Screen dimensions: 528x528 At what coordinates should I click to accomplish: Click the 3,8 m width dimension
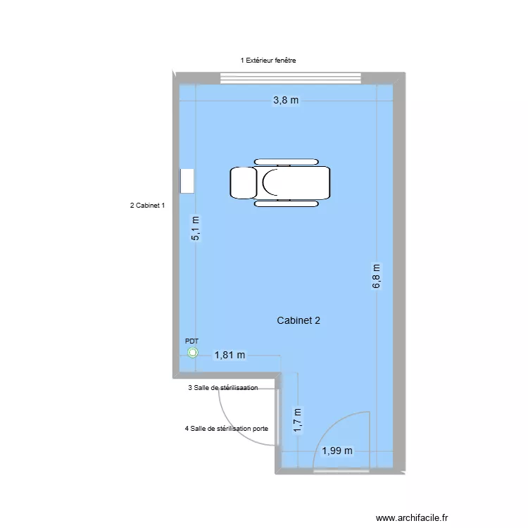tap(286, 101)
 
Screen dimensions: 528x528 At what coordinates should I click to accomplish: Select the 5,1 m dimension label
tap(196, 228)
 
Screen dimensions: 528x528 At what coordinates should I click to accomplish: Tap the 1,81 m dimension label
tap(230, 356)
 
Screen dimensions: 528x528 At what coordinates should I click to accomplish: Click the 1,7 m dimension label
tap(298, 420)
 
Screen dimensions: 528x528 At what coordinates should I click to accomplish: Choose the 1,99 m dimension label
tap(337, 451)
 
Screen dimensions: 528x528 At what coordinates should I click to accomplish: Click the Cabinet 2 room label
tap(299, 320)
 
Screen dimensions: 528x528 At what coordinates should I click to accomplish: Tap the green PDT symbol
tap(193, 354)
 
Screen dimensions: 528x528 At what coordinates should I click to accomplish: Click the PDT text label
tap(192, 341)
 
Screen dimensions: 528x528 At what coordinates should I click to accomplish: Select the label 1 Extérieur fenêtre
tap(268, 61)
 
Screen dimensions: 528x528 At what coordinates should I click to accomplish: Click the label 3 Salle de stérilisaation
tap(223, 388)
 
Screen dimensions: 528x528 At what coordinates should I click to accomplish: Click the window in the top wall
tap(291, 77)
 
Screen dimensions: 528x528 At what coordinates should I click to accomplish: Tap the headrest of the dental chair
tap(243, 182)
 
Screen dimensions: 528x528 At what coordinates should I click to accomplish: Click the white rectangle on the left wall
tap(187, 181)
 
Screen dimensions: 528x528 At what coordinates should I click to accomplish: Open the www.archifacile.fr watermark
tap(412, 517)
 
